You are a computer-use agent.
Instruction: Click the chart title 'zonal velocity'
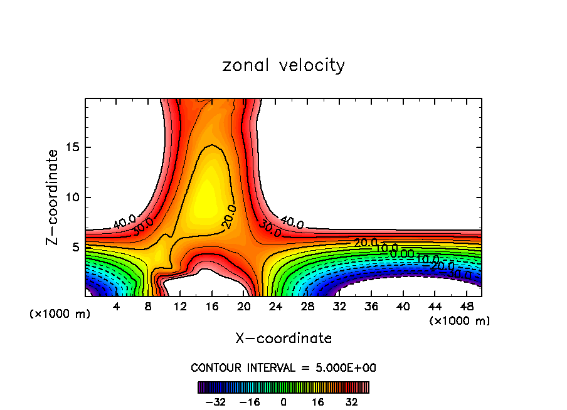click(x=283, y=65)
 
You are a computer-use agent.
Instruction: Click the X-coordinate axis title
click(x=283, y=339)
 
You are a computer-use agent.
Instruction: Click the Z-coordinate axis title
click(x=53, y=197)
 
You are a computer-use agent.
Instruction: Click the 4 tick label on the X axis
click(x=116, y=307)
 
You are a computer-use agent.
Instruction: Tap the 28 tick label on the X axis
click(x=308, y=307)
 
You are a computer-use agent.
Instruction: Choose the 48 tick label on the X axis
click(x=467, y=307)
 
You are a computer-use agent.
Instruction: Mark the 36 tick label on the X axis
click(x=371, y=307)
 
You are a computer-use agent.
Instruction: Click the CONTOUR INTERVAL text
click(x=283, y=368)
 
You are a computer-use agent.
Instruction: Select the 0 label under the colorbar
click(x=283, y=402)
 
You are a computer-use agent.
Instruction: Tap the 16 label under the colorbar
click(x=317, y=402)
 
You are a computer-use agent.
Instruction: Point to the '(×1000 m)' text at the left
click(x=60, y=314)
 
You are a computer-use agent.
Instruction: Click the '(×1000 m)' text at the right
click(x=460, y=321)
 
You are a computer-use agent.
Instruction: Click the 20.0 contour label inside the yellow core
click(x=230, y=216)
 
